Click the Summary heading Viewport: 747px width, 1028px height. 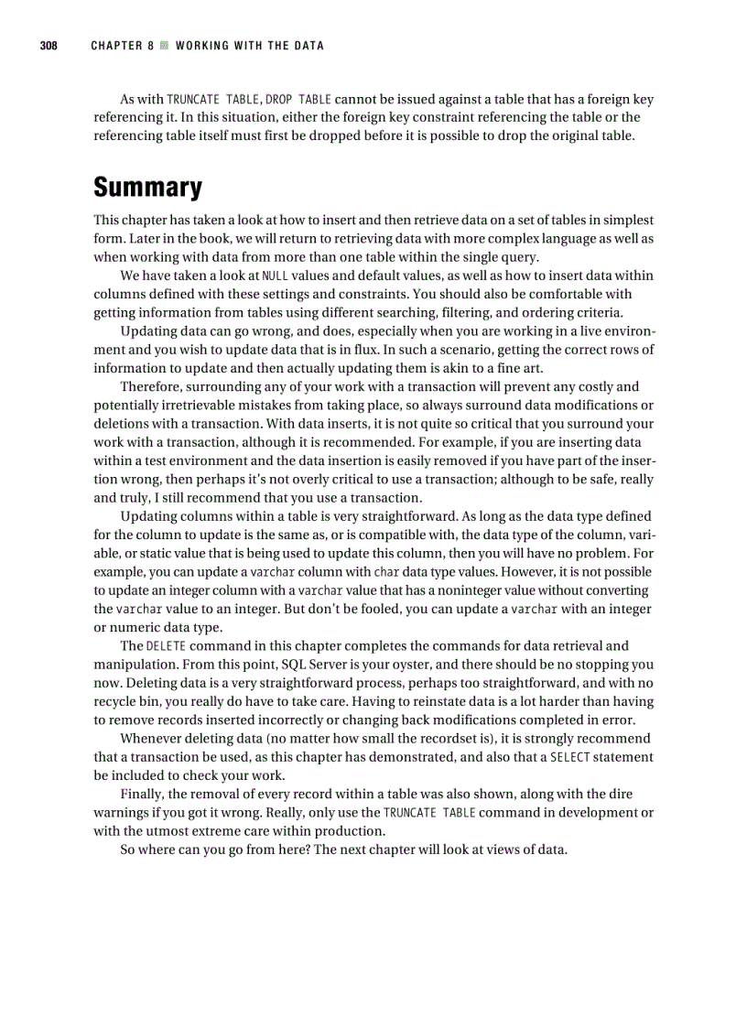(147, 188)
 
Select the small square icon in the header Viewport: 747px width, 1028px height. (165, 46)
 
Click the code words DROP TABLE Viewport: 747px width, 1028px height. (298, 99)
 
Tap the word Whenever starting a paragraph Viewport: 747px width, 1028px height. (153, 738)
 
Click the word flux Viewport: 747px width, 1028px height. (342, 350)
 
